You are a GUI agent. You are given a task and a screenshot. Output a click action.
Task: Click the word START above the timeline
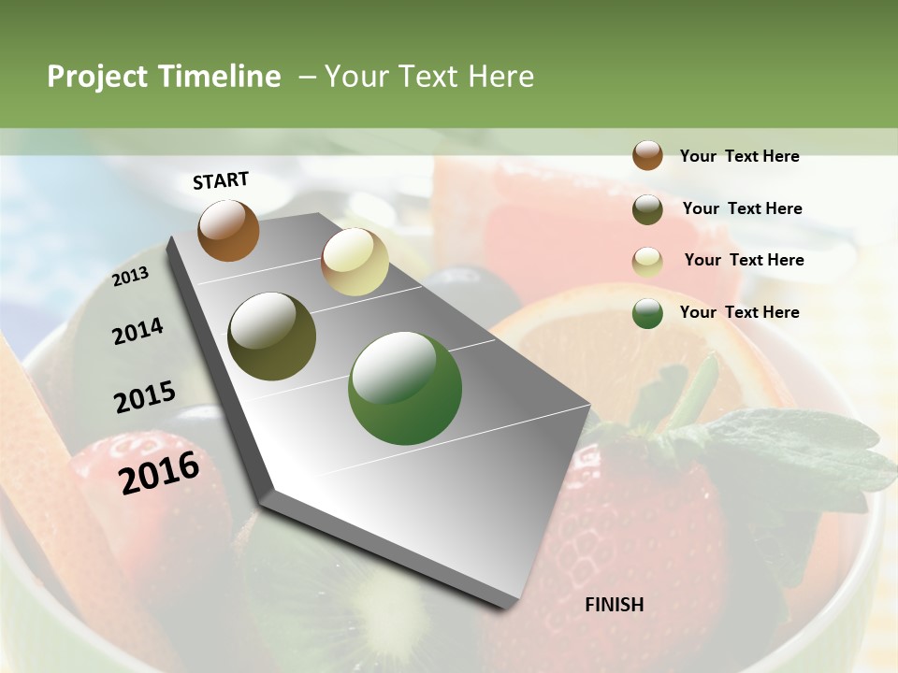click(x=221, y=180)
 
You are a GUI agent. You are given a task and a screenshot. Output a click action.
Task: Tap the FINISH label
click(x=615, y=605)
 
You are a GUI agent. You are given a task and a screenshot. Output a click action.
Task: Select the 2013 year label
click(x=130, y=276)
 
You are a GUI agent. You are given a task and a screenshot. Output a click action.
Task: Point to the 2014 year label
click(x=138, y=331)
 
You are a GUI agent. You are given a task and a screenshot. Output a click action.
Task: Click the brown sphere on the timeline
click(x=228, y=230)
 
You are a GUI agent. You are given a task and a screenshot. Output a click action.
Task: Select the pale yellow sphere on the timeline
click(x=355, y=262)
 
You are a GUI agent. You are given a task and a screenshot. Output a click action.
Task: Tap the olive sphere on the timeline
click(x=272, y=336)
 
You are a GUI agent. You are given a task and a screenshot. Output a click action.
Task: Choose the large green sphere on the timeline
click(x=405, y=388)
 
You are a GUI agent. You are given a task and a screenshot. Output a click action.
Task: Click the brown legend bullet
click(x=647, y=155)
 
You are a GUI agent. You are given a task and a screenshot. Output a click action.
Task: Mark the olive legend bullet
click(x=647, y=209)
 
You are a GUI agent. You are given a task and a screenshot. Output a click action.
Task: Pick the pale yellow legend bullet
click(x=647, y=262)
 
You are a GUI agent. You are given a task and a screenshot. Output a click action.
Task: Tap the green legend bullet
click(x=647, y=313)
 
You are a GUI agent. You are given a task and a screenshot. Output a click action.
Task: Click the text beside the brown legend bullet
click(x=740, y=156)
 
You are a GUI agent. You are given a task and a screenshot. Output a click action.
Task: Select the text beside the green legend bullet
click(x=740, y=312)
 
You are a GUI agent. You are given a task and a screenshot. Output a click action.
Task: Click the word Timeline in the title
click(x=218, y=77)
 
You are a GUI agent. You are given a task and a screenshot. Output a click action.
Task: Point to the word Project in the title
click(x=97, y=78)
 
